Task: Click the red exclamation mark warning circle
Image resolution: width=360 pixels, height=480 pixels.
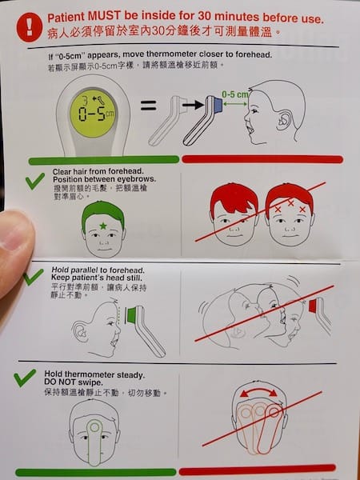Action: [30, 27]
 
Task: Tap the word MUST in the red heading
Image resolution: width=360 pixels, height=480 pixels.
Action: [104, 17]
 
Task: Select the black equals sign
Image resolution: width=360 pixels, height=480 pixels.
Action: [149, 106]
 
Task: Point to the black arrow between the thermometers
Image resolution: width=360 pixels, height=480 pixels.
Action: [193, 106]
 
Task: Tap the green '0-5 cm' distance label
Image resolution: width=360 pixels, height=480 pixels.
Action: [235, 94]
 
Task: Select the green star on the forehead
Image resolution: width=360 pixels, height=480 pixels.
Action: [103, 226]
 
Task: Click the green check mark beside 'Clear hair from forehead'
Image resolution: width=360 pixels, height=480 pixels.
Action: [35, 181]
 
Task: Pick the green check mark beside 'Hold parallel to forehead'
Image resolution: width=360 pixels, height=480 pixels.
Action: [34, 277]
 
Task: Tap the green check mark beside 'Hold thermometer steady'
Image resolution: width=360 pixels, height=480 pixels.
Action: [25, 378]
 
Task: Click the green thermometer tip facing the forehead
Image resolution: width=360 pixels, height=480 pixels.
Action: [131, 315]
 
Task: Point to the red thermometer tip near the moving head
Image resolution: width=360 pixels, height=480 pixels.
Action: [313, 306]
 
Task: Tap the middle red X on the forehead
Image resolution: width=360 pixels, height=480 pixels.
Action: [290, 202]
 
